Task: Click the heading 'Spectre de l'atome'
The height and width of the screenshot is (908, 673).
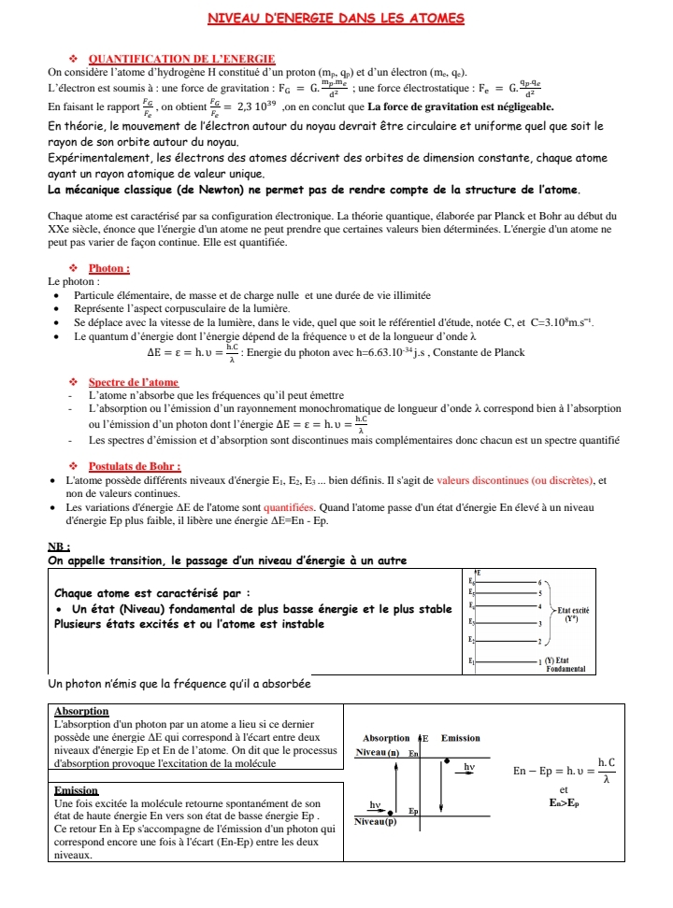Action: pos(133,382)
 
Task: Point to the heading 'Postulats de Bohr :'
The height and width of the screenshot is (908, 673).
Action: pos(135,466)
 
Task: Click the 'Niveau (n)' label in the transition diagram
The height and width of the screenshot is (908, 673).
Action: pos(380,752)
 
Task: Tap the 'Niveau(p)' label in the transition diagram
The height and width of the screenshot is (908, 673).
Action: pos(375,821)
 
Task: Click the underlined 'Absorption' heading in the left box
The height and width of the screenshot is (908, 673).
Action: pos(82,712)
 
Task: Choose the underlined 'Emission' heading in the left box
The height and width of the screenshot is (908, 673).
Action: pos(78,790)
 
